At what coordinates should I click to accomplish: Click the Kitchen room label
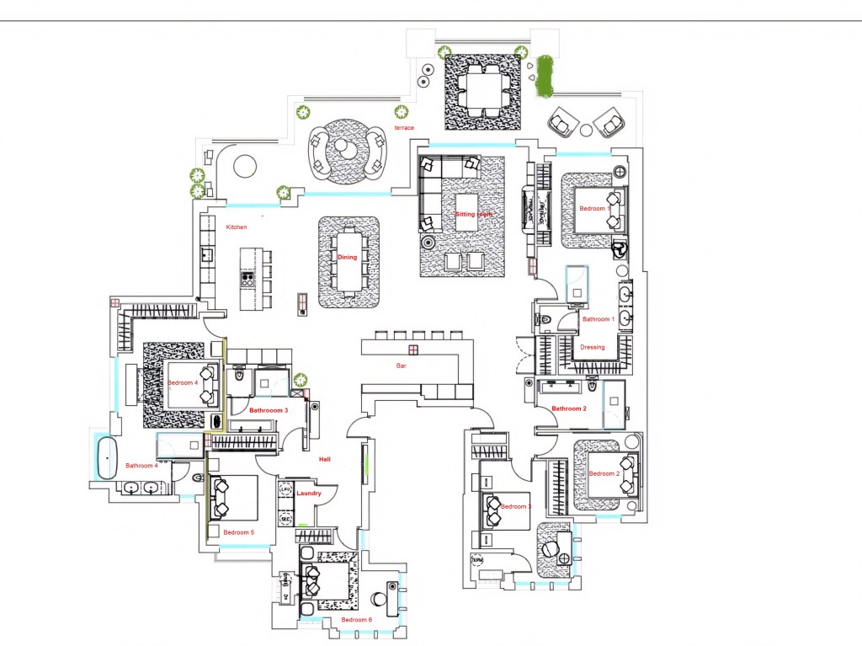[237, 227]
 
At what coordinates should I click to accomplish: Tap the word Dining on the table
[347, 257]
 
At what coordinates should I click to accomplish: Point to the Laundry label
[309, 493]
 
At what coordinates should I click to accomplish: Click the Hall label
[324, 459]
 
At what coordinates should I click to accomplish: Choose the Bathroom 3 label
[269, 410]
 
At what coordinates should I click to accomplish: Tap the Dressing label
[593, 347]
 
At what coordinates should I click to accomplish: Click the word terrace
[404, 127]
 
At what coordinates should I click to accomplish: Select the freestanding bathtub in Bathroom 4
[105, 458]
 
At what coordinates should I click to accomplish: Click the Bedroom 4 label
[182, 382]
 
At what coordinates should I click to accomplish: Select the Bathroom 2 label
[568, 408]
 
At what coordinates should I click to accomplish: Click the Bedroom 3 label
[516, 506]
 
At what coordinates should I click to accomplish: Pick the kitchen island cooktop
[247, 277]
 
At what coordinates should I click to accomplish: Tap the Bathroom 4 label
[141, 466]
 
